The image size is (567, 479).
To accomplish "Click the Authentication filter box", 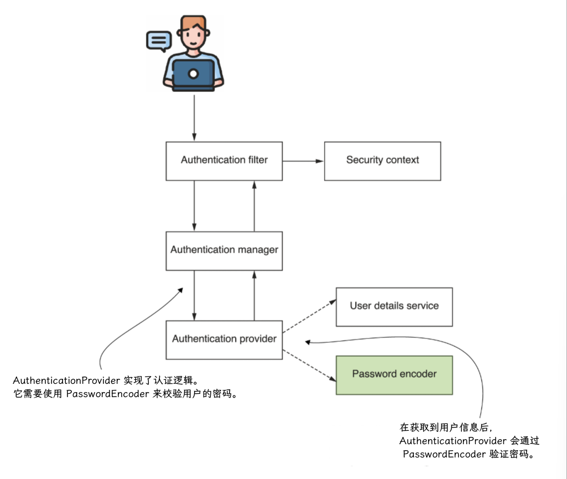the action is tap(224, 161).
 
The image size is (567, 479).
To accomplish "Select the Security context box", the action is tap(383, 161).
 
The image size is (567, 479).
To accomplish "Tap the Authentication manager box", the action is tap(224, 251).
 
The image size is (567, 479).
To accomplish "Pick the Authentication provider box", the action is tap(224, 340).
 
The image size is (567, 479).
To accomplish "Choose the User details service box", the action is tap(394, 307).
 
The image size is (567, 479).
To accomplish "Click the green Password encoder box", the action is tap(394, 375).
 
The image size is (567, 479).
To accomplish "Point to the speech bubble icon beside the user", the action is tap(159, 41).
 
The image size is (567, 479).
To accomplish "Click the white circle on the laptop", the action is tap(194, 74).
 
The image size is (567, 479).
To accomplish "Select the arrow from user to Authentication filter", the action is tap(194, 118).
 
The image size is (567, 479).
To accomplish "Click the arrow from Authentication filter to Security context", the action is tap(303, 161).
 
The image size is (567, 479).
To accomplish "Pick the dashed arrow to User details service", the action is tap(309, 316).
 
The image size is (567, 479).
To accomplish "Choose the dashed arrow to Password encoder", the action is tap(309, 365).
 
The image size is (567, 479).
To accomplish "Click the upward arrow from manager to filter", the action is tap(254, 206).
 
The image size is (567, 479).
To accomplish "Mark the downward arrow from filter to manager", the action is tap(194, 206).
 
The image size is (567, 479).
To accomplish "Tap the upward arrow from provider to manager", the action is tap(254, 296).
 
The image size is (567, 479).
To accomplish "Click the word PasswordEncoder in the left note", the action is tap(107, 394).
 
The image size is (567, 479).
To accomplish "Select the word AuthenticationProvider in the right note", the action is tap(452, 441).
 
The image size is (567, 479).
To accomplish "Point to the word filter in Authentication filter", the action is tap(258, 159).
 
